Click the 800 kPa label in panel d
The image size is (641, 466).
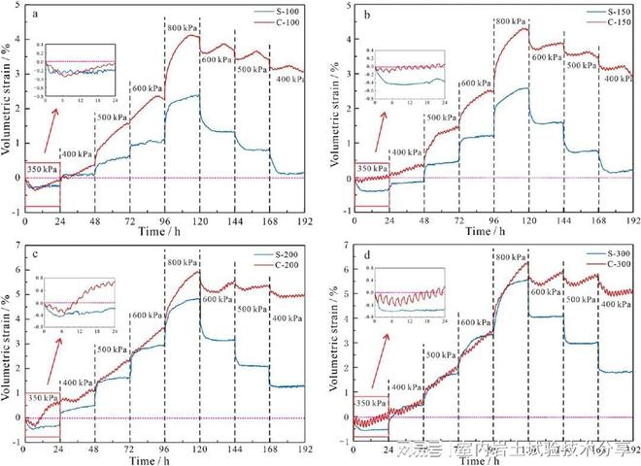tap(512, 256)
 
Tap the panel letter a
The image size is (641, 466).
tap(35, 14)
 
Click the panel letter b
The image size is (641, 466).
tap(364, 14)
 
